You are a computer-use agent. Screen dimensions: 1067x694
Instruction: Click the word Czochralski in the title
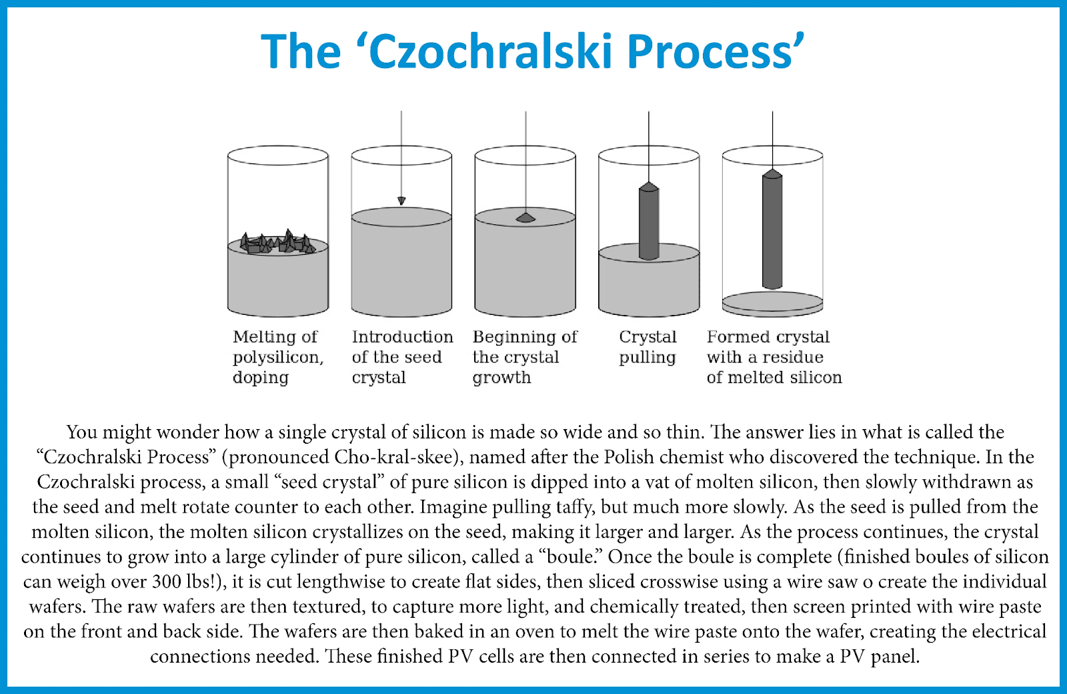[490, 51]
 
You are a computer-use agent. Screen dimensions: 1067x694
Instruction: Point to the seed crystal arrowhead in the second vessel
[401, 201]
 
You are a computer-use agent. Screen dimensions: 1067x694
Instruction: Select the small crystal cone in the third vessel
[525, 218]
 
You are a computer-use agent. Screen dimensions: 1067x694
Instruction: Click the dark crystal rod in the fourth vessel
[649, 221]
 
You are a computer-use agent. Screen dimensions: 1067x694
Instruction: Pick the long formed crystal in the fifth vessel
[772, 229]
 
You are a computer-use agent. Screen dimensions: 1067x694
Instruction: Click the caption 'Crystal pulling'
[648, 347]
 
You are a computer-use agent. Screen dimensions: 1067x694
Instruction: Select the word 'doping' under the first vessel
[261, 378]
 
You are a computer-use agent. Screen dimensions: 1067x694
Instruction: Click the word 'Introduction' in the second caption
[403, 336]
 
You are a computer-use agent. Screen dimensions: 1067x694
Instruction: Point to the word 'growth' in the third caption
[501, 378]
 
